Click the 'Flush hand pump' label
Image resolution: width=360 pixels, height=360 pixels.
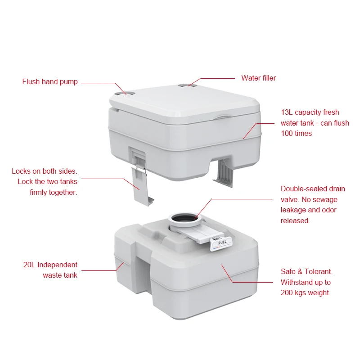coord(50,82)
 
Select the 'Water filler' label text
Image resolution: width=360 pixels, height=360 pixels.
coord(258,78)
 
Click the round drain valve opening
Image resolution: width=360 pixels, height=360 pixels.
coord(185,219)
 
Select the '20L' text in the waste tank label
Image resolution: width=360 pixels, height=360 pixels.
coord(31,265)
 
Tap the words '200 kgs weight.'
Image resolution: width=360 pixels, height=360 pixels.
coord(306,293)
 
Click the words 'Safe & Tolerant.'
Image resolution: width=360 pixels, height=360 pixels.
coord(306,272)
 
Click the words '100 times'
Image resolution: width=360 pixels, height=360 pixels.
coord(296,134)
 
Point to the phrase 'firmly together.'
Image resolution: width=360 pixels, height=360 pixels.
coord(54,192)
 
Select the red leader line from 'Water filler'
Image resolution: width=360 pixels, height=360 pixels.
coord(216,78)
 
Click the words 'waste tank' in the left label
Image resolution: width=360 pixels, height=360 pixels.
coord(60,275)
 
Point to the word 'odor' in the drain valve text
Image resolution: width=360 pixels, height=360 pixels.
coord(328,210)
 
